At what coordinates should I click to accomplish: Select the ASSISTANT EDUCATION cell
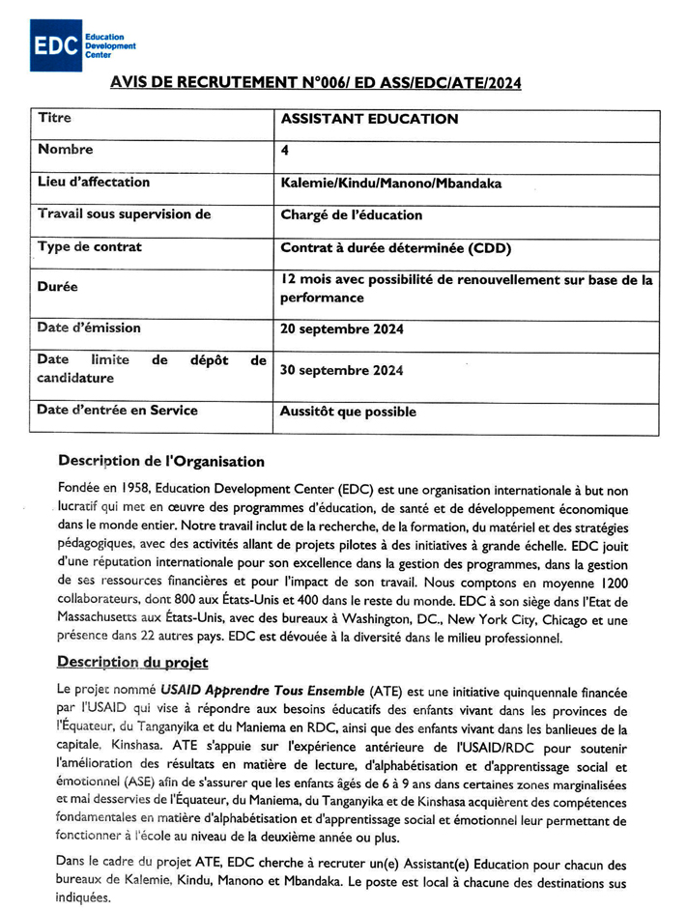[369, 120]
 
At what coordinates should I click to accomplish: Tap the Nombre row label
[66, 150]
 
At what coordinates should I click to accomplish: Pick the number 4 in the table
[284, 151]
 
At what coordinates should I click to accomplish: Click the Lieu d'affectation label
[94, 182]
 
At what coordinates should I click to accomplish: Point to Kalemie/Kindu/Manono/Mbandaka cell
[390, 183]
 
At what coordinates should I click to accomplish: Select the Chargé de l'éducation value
[351, 215]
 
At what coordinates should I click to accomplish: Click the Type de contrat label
[89, 247]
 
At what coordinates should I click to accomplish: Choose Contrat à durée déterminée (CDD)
[395, 248]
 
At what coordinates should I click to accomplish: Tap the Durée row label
[57, 287]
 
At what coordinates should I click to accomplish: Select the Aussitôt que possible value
[348, 412]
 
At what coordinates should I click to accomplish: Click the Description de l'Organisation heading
[160, 461]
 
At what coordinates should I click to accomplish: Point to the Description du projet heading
[132, 662]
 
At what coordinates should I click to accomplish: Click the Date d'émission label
[89, 328]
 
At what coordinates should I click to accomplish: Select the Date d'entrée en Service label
[117, 411]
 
